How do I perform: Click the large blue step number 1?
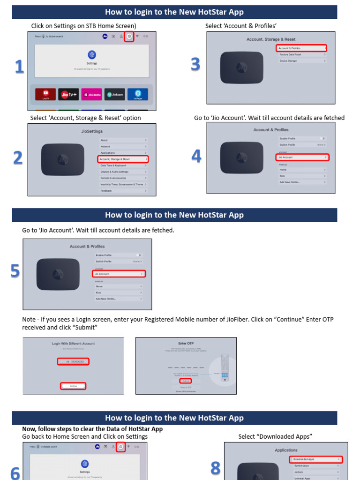click(x=19, y=67)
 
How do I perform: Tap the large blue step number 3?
click(x=195, y=65)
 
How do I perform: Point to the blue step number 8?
click(x=215, y=468)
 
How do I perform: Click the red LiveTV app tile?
click(x=45, y=94)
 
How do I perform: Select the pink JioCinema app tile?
click(x=91, y=94)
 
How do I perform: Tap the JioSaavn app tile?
click(x=115, y=94)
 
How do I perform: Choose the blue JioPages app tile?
click(x=138, y=94)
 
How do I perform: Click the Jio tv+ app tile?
click(x=68, y=94)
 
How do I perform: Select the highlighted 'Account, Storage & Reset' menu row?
click(x=123, y=159)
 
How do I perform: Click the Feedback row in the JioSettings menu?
click(x=123, y=191)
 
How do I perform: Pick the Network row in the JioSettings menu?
click(x=123, y=147)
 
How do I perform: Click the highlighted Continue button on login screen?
click(x=73, y=386)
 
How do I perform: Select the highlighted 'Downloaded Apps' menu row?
click(x=315, y=459)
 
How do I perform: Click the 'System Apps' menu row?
click(x=315, y=466)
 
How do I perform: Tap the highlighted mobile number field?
click(x=73, y=361)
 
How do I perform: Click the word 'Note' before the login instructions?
click(x=29, y=320)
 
